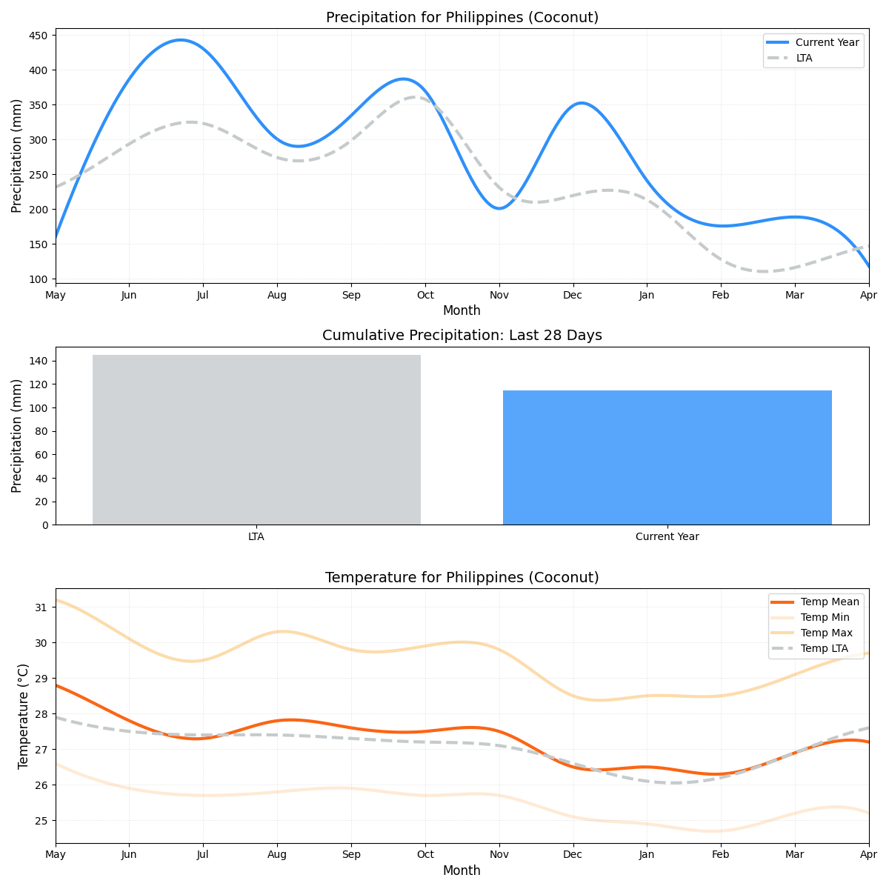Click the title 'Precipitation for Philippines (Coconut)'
tap(462, 17)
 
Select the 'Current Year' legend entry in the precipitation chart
tap(827, 42)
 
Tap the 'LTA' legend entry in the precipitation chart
tap(804, 58)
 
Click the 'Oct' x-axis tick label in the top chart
tap(424, 296)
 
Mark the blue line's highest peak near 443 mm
tap(180, 40)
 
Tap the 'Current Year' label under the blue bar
tap(667, 536)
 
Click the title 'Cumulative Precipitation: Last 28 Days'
tap(462, 336)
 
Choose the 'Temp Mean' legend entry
tap(830, 602)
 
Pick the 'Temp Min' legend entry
tap(825, 617)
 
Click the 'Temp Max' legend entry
tap(826, 633)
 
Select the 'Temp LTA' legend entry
tap(825, 648)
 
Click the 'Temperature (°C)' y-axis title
tap(23, 716)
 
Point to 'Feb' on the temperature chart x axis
tap(720, 855)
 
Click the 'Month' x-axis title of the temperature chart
tap(462, 870)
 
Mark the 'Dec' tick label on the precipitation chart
tap(573, 296)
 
